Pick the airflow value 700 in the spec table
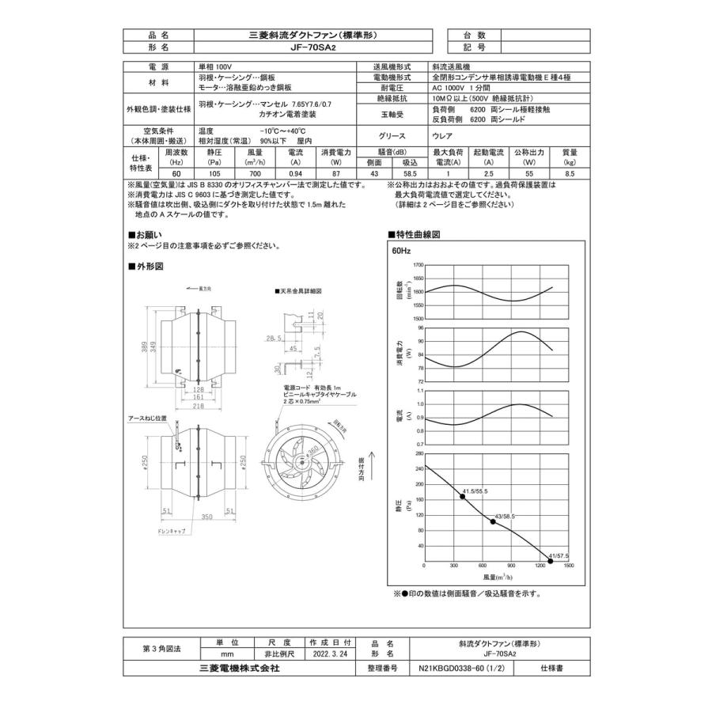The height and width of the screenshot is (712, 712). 254,172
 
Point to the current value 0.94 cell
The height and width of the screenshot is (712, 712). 295,172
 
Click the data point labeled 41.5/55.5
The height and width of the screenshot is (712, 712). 463,496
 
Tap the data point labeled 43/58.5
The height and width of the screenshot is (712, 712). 493,521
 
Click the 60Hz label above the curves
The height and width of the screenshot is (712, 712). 402,251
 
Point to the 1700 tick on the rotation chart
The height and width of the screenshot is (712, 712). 418,265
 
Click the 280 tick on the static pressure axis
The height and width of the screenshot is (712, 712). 418,453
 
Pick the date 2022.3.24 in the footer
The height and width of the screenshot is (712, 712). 329,654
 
